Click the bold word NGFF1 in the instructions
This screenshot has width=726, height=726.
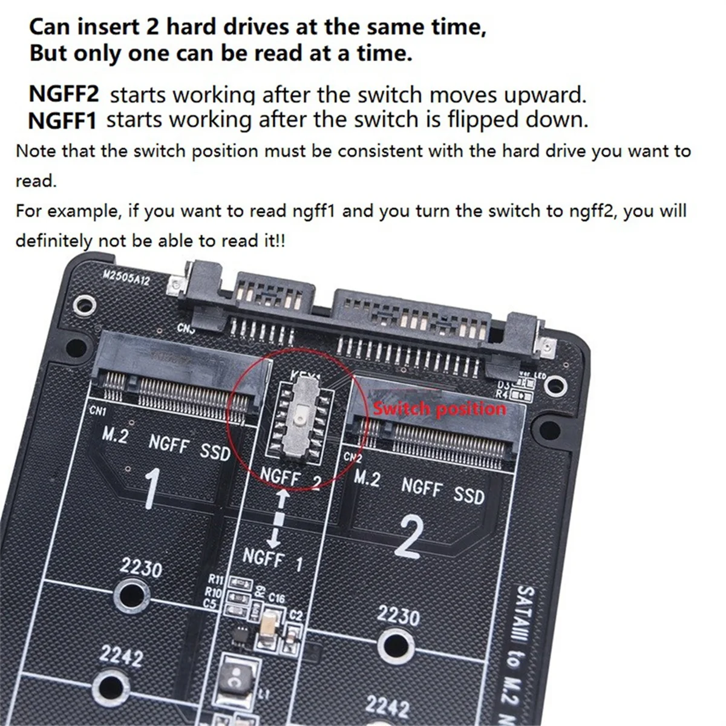[x=62, y=121]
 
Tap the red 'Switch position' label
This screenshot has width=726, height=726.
[x=440, y=408]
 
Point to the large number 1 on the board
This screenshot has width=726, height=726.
[x=151, y=488]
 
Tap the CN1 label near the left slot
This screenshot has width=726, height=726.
[x=98, y=411]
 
